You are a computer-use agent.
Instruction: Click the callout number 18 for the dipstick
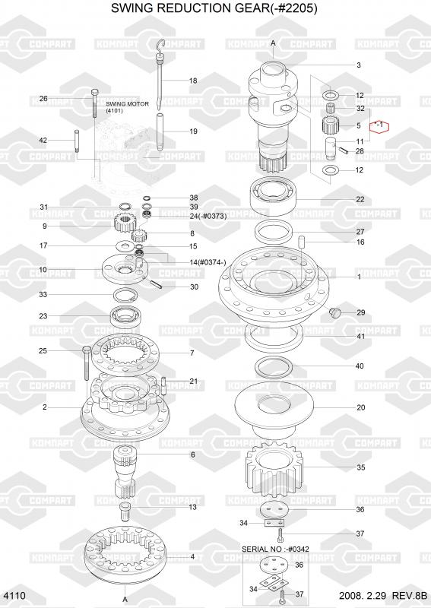193,81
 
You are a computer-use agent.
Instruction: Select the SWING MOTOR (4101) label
127,107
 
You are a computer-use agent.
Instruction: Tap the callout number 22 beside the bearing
360,199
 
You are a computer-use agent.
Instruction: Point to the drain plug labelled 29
334,312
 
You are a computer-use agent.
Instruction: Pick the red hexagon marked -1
379,125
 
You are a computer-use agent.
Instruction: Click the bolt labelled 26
95,103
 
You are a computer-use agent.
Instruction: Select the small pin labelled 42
77,141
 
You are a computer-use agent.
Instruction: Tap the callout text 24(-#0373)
208,216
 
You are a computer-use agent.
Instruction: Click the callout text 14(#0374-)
208,262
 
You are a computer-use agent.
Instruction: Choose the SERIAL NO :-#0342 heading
275,549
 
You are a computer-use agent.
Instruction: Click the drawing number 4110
14,596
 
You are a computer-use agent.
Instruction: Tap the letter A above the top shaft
273,43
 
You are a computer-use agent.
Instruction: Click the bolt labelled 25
87,363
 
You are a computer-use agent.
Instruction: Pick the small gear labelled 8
138,235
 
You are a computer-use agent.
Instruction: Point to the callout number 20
361,407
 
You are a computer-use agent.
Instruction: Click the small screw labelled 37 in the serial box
281,594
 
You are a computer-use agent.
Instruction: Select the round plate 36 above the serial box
274,510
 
